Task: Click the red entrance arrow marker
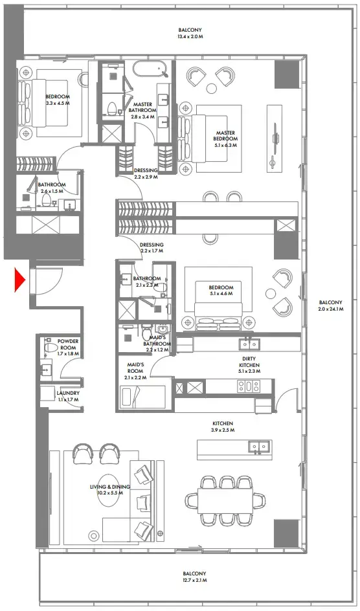(19, 280)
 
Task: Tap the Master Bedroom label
(225, 133)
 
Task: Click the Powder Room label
(68, 341)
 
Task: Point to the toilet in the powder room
(49, 349)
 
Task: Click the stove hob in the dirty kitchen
(247, 386)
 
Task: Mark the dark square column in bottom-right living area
(286, 533)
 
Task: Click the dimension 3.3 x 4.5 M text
(58, 103)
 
